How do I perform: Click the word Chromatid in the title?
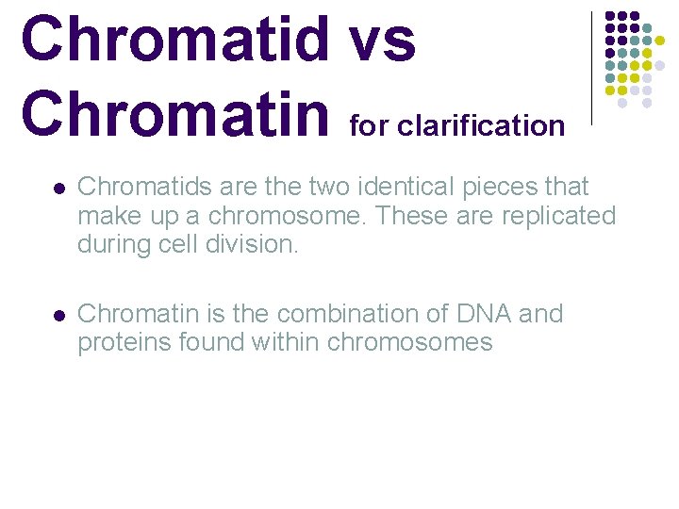click(x=175, y=41)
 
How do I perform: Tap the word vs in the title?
click(x=382, y=41)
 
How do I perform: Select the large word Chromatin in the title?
click(x=175, y=113)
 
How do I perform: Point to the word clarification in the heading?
click(x=481, y=125)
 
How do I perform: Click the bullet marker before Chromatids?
click(x=59, y=188)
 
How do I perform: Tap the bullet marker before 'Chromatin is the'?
click(x=59, y=314)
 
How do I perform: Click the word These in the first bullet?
click(x=406, y=216)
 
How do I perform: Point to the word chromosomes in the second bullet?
click(x=410, y=341)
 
